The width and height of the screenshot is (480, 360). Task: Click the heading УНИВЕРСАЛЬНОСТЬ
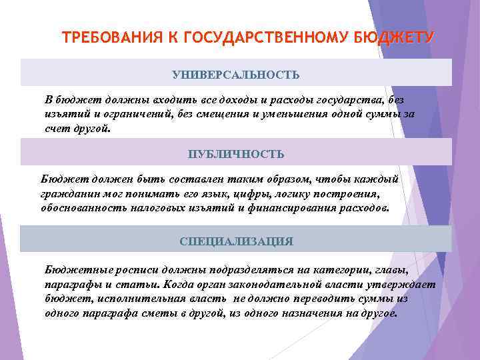(x=236, y=73)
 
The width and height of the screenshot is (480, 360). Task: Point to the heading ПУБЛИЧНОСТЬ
(x=236, y=154)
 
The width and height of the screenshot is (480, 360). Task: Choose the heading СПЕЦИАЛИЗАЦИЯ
(x=236, y=241)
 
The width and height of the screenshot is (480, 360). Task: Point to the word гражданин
(x=68, y=194)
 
